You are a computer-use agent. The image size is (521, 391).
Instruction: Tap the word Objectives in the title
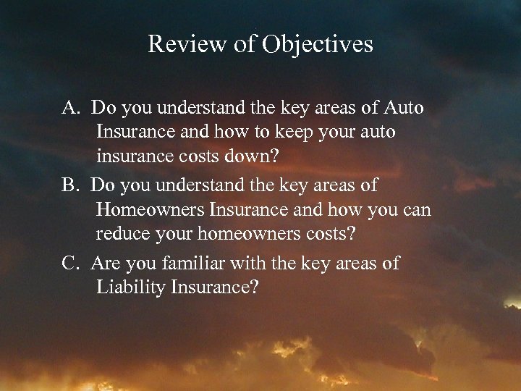point(319,45)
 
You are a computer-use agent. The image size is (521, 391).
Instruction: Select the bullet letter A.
point(70,109)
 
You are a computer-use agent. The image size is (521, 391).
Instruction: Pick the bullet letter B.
point(70,185)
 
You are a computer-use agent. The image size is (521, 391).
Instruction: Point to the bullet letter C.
point(70,263)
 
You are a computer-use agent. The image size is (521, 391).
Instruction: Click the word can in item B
point(415,211)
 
